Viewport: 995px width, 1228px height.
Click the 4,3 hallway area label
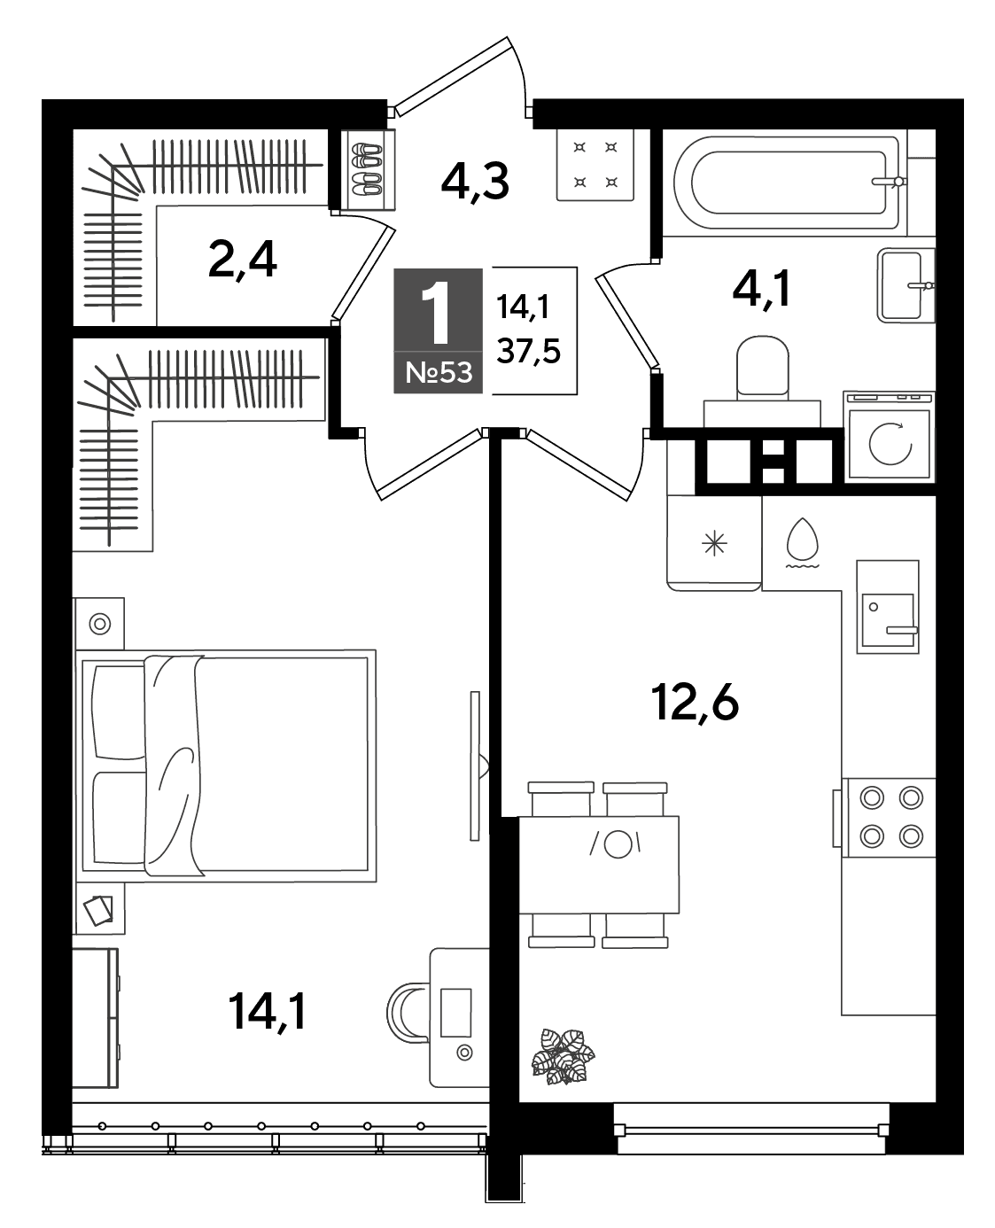(x=475, y=182)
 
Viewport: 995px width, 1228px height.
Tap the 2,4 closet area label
(x=242, y=260)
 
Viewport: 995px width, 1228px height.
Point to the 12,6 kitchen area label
(x=694, y=704)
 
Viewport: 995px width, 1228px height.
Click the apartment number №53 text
(x=439, y=372)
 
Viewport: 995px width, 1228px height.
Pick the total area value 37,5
(x=528, y=351)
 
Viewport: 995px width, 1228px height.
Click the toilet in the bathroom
(x=762, y=381)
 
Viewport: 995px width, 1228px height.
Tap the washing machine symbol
(x=890, y=435)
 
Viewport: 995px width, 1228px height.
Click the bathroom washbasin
(x=906, y=285)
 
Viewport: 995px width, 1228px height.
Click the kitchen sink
(x=887, y=607)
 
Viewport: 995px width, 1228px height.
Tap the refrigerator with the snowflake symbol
(x=713, y=542)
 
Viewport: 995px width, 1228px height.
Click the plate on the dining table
(x=617, y=844)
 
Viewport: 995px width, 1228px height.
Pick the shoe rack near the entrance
(x=368, y=169)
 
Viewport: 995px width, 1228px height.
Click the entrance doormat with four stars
(x=595, y=165)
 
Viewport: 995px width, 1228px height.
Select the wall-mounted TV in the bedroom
(x=476, y=766)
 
